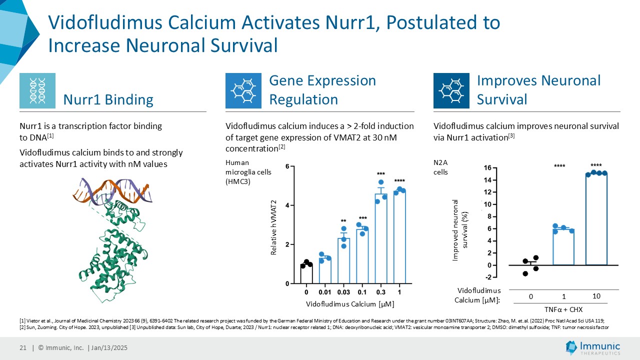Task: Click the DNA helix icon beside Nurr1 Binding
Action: [37, 90]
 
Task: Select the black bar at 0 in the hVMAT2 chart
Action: [306, 273]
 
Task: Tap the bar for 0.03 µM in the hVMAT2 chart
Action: [343, 261]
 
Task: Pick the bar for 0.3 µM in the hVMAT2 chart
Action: [381, 238]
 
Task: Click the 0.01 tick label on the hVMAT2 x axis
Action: [325, 292]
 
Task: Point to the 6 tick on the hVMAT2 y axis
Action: [287, 166]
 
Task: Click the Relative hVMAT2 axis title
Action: [273, 227]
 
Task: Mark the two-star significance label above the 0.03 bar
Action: [343, 221]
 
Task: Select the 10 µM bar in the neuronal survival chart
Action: [596, 219]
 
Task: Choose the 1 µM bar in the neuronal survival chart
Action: [563, 247]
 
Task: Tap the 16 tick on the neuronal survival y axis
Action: [487, 167]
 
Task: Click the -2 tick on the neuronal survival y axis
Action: [488, 277]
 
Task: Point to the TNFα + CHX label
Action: [563, 309]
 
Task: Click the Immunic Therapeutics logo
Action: [593, 347]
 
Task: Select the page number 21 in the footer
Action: [23, 347]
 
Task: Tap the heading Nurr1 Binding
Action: [108, 99]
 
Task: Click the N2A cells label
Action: [440, 167]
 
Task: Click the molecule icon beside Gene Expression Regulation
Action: [243, 90]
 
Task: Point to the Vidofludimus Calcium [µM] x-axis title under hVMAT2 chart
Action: [350, 304]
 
